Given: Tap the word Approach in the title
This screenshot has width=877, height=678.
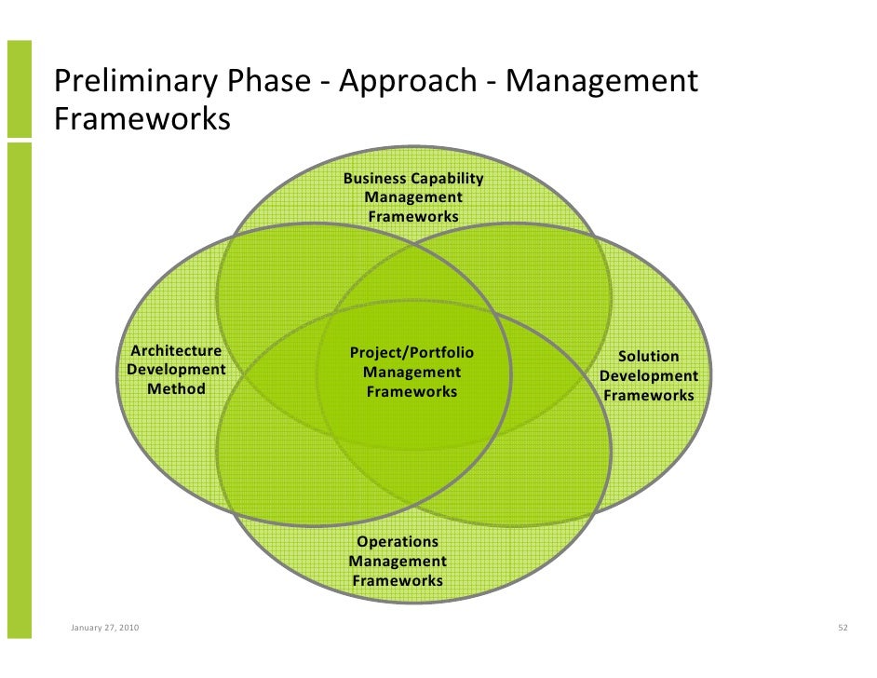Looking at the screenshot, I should [407, 83].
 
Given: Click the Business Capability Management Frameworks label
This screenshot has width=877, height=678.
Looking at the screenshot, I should [413, 197].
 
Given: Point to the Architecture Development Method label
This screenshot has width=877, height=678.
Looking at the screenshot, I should [176, 370].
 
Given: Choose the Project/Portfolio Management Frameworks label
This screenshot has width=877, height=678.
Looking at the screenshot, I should [412, 373].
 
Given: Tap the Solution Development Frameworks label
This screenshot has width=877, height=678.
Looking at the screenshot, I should [649, 376].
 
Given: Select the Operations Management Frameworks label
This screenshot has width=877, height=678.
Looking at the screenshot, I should [398, 562].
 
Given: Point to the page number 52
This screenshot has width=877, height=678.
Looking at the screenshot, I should [843, 629].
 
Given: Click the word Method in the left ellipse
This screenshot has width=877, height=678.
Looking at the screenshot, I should [176, 389].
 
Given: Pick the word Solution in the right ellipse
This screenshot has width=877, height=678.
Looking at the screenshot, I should [649, 357].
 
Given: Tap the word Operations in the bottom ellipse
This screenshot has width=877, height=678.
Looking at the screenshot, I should [398, 542].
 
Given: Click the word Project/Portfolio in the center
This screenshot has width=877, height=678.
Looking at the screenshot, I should [412, 353].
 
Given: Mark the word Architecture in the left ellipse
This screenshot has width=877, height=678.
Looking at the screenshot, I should [176, 351].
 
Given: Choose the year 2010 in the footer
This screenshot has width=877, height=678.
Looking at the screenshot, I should [128, 629].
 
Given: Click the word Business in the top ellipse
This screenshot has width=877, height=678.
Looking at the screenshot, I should [376, 179].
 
